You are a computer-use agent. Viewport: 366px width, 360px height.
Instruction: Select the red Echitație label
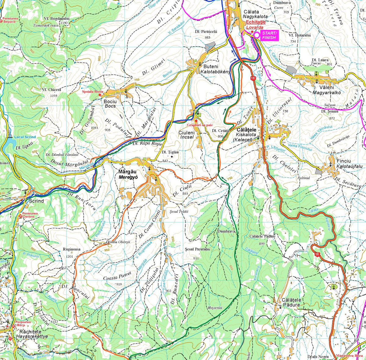[256, 22]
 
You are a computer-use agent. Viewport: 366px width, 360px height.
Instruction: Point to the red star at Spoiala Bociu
[100, 95]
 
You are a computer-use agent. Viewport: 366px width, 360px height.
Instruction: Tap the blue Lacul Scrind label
[25, 137]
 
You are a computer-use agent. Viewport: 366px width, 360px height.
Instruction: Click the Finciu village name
[344, 161]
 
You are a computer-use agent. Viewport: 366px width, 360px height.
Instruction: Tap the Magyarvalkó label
[326, 93]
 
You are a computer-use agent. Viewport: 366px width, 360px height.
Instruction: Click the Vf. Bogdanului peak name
[56, 19]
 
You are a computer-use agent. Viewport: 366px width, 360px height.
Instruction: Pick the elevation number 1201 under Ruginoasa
[70, 257]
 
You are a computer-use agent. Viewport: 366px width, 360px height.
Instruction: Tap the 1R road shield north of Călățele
[252, 78]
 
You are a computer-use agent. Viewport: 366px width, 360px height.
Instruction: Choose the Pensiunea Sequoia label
[10, 20]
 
